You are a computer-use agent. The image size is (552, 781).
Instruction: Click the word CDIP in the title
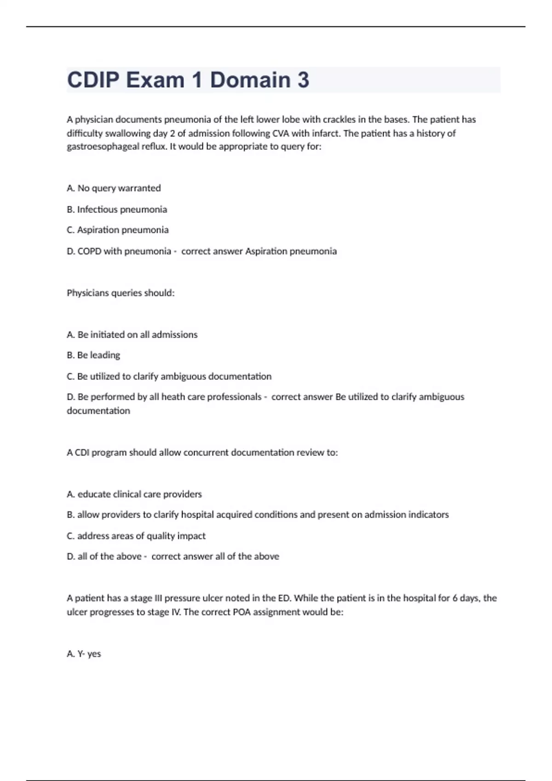click(93, 80)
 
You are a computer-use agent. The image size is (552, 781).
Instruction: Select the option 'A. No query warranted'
click(114, 188)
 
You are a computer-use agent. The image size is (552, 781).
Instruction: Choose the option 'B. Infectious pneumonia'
click(117, 209)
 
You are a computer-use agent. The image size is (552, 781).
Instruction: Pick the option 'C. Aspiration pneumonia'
click(118, 230)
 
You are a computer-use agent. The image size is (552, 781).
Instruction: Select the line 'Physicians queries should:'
click(121, 293)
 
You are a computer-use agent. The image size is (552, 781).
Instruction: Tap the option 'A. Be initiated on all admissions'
click(132, 335)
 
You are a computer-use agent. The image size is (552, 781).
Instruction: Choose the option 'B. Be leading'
click(93, 355)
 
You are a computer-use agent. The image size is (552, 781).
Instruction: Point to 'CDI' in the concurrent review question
click(82, 453)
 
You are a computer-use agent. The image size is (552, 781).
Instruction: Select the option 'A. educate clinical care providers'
click(134, 494)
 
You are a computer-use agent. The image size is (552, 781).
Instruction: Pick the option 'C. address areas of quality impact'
click(136, 536)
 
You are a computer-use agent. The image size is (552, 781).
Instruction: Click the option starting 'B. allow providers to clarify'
click(258, 515)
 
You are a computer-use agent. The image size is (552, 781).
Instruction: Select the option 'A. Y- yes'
click(84, 654)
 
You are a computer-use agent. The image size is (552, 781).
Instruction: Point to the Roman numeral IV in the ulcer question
click(175, 612)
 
